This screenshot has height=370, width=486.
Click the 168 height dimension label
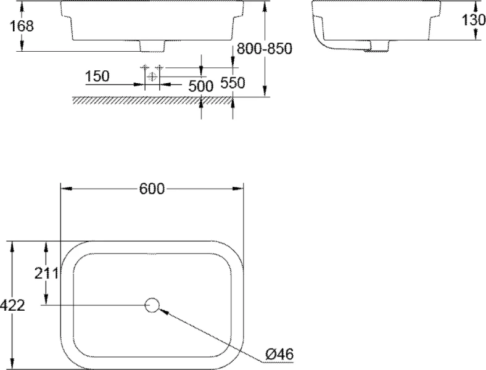tap(22, 26)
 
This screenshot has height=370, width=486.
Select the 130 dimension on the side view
tap(474, 20)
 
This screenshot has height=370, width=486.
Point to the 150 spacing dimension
tap(97, 76)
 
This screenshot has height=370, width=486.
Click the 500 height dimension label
tap(200, 85)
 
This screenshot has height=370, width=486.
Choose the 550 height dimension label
tap(233, 83)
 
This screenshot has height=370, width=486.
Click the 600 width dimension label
tap(152, 189)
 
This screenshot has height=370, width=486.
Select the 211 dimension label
tap(47, 273)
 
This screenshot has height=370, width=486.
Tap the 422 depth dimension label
tap(12, 305)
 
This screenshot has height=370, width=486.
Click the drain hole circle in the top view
tap(152, 305)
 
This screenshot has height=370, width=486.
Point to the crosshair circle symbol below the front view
tap(152, 76)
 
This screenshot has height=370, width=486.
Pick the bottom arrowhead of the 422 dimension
tap(12, 364)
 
